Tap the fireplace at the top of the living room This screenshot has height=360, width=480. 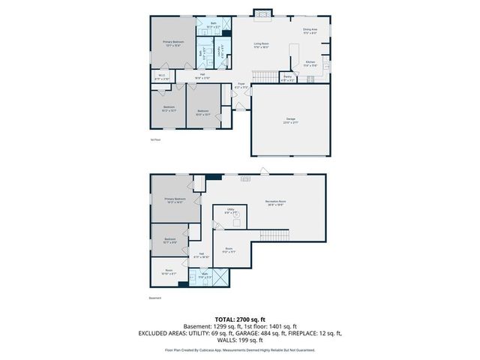[262, 13]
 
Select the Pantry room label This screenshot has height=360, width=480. [287, 76]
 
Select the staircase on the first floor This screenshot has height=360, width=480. [263, 76]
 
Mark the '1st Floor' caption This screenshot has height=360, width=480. [156, 139]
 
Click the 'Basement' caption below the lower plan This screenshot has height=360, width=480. [156, 298]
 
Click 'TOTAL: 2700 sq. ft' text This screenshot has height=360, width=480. [240, 319]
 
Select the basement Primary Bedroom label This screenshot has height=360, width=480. [175, 200]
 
